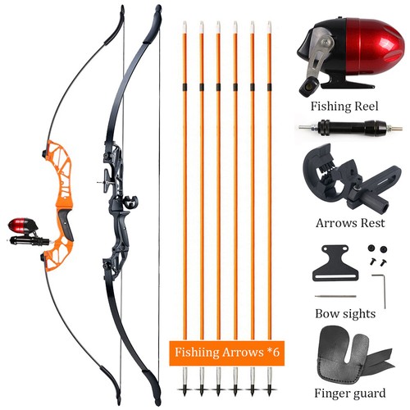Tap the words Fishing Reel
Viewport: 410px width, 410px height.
[344, 107]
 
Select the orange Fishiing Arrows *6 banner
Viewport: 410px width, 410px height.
[227, 353]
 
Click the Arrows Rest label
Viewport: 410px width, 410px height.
[350, 223]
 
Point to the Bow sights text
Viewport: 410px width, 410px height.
[345, 314]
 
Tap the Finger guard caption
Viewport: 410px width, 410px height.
[350, 394]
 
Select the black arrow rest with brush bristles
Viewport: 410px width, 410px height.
[351, 180]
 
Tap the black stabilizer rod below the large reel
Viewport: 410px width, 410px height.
[350, 127]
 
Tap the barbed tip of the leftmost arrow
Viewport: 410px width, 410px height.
[184, 389]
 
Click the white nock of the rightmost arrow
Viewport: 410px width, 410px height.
[269, 27]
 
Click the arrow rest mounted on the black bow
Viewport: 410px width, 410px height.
[130, 203]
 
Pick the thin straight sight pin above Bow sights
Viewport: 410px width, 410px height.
[335, 296]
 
